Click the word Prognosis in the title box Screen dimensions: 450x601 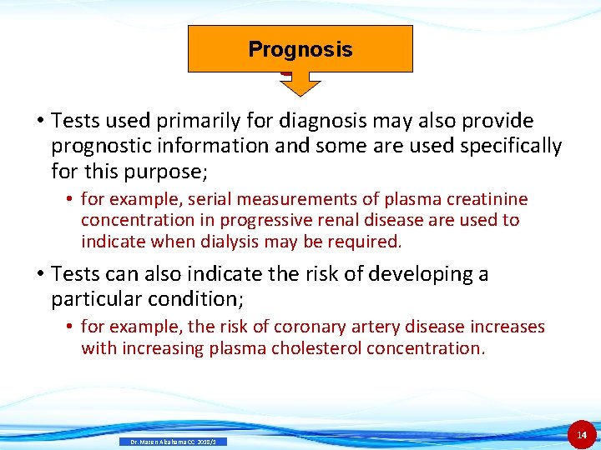tap(300, 49)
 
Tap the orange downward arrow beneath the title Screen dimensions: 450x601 tap(300, 83)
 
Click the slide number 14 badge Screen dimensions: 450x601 tap(582, 434)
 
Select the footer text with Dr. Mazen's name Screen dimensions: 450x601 tap(173, 442)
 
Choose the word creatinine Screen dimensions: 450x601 tap(487, 199)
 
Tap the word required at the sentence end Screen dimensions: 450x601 tap(368, 242)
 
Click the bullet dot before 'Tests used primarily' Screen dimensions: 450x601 tap(39, 122)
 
